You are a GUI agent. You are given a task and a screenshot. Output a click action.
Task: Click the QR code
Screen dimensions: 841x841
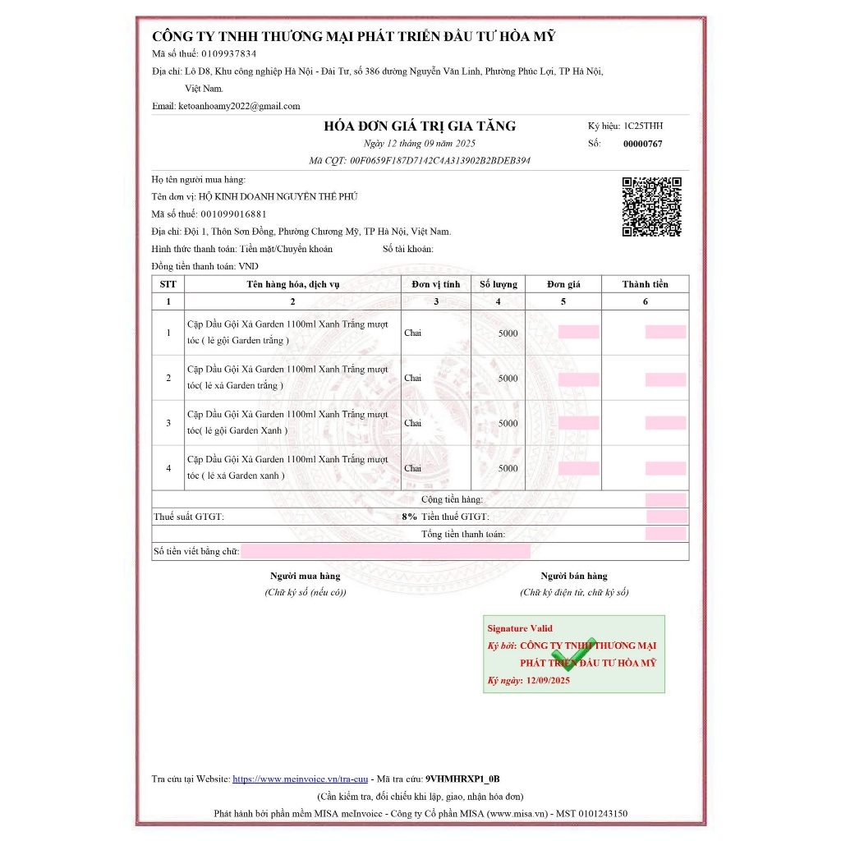pyautogui.click(x=651, y=206)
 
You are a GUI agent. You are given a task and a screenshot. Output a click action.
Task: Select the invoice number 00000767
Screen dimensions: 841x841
pyautogui.click(x=643, y=144)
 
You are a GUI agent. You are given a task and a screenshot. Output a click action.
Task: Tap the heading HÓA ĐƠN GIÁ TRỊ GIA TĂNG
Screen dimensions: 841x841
pyautogui.click(x=420, y=126)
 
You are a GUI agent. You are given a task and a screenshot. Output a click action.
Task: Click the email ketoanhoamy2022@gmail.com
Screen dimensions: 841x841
pyautogui.click(x=239, y=106)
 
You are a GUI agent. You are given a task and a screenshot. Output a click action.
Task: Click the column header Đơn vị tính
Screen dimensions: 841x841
pyautogui.click(x=436, y=284)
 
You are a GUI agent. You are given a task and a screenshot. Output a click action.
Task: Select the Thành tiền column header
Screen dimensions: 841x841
pyautogui.click(x=645, y=284)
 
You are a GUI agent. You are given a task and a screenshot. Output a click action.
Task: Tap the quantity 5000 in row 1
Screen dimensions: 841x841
pyautogui.click(x=508, y=333)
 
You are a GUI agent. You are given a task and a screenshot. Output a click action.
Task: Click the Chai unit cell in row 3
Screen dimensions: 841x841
pyautogui.click(x=412, y=423)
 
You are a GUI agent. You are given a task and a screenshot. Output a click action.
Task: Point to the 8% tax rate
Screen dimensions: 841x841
pyautogui.click(x=409, y=517)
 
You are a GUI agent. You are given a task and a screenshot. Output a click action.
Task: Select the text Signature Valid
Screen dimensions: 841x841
pyautogui.click(x=520, y=628)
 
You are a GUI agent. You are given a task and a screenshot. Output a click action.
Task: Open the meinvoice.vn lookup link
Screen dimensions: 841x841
pyautogui.click(x=300, y=779)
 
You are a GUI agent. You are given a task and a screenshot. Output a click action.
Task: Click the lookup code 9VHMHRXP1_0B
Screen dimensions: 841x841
pyautogui.click(x=462, y=779)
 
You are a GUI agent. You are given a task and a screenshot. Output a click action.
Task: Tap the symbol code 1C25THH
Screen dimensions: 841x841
pyautogui.click(x=643, y=126)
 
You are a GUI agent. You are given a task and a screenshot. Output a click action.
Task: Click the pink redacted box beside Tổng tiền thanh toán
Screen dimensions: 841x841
pyautogui.click(x=665, y=534)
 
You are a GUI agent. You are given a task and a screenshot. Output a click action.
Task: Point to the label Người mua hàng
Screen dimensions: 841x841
pyautogui.click(x=305, y=576)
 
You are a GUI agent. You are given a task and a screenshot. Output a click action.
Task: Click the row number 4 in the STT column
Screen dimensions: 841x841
pyautogui.click(x=168, y=468)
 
